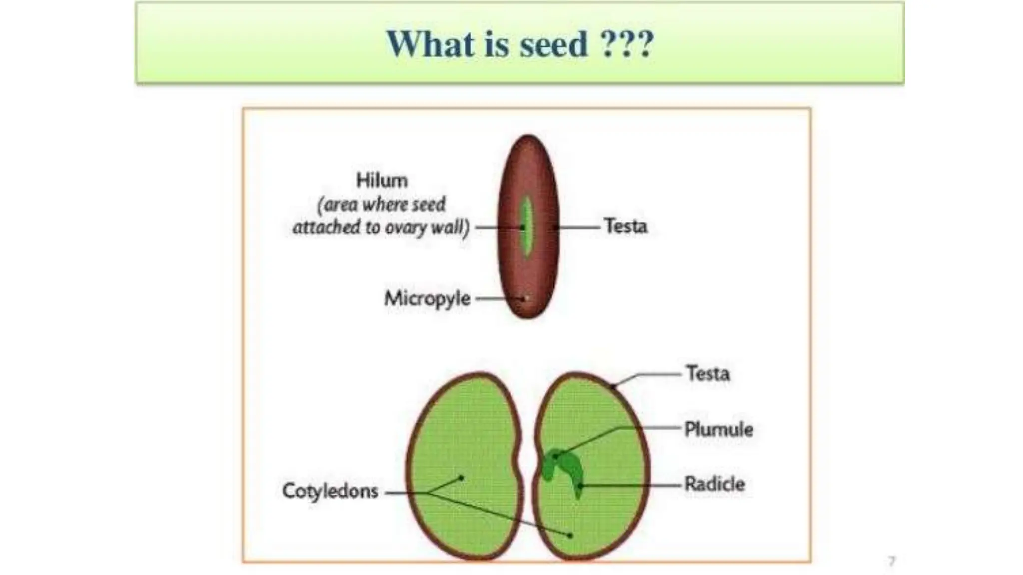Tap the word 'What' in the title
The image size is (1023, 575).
(430, 44)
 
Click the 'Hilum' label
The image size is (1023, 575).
(382, 180)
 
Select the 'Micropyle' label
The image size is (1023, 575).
(427, 298)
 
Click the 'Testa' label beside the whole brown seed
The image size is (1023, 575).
(625, 226)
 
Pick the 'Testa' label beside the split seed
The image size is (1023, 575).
(708, 373)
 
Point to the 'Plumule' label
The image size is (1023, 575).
(718, 429)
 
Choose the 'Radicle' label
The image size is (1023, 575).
(714, 484)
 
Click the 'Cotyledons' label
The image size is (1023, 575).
(330, 491)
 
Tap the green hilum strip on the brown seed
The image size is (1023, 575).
(526, 225)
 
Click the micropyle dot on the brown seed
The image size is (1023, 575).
(525, 299)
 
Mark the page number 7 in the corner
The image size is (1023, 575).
(892, 561)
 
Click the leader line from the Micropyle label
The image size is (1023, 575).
(492, 299)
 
